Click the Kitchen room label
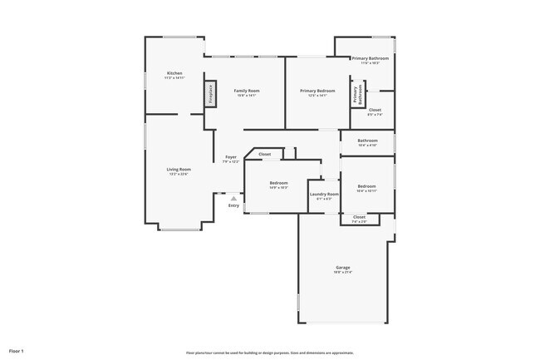point(174,75)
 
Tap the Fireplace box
point(211,94)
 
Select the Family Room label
point(247,92)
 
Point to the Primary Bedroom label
point(317,92)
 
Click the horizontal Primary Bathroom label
point(370,60)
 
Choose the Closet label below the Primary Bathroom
point(375,111)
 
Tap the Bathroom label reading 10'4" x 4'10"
point(367,142)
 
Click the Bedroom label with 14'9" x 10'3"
point(278,185)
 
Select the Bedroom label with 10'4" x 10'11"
point(366,188)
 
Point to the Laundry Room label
point(324,196)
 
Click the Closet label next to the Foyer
point(264,155)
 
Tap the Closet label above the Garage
point(359,219)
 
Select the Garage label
point(342,269)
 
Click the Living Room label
point(179,171)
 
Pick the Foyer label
point(231,159)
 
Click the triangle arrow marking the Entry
point(233,199)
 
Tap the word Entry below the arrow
point(233,205)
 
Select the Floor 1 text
point(17,352)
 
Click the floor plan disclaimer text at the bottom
point(270,353)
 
